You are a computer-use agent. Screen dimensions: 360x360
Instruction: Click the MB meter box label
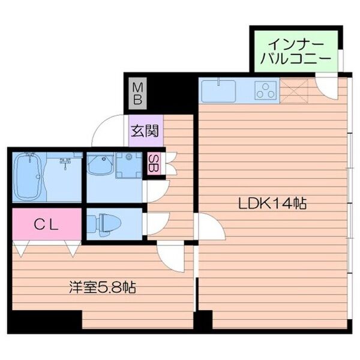[137, 94]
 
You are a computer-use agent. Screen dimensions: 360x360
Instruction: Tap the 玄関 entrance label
[145, 131]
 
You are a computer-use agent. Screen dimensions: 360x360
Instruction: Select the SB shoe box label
[153, 163]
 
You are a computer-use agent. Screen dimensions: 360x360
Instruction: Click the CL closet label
[47, 225]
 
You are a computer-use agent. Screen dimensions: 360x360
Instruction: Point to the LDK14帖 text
[272, 203]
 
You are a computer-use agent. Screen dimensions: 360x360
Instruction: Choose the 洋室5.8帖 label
[103, 287]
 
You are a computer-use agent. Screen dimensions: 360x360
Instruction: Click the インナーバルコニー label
[296, 52]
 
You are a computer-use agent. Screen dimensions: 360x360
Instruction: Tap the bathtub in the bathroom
[28, 177]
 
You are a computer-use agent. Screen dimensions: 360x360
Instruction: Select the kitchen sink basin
[219, 91]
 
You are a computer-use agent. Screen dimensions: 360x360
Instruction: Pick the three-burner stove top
[266, 91]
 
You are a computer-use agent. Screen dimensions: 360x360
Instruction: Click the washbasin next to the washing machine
[101, 164]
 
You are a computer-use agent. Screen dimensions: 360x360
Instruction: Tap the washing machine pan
[129, 165]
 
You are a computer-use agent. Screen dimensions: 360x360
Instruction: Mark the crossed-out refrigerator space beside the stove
[293, 91]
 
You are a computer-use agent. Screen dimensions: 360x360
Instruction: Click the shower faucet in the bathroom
[65, 163]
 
